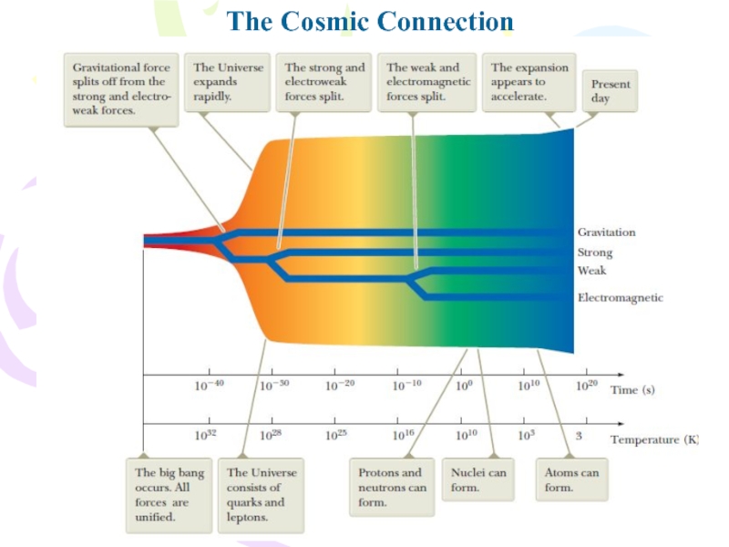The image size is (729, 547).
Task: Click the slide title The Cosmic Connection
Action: (x=370, y=21)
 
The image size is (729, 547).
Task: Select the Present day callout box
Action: (x=610, y=90)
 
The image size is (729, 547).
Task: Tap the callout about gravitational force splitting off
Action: (x=120, y=89)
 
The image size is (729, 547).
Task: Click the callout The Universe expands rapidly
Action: (x=228, y=82)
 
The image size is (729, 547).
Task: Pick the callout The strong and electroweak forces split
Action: (x=323, y=82)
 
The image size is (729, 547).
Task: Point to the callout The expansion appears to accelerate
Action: (x=529, y=82)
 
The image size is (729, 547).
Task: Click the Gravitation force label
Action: (x=606, y=232)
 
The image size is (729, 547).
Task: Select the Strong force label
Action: (x=595, y=253)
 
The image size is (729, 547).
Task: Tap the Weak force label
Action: (x=591, y=271)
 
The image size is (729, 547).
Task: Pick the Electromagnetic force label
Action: (x=620, y=297)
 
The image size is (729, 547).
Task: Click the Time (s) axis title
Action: (x=632, y=389)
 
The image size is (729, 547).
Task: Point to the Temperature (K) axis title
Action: (x=653, y=439)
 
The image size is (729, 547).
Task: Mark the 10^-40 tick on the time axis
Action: (x=209, y=386)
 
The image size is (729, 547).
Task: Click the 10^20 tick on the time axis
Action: (x=587, y=386)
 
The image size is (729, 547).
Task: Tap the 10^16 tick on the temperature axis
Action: (x=403, y=436)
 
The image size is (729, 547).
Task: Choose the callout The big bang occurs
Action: (x=169, y=495)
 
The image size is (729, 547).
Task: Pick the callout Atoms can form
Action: (x=571, y=480)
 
